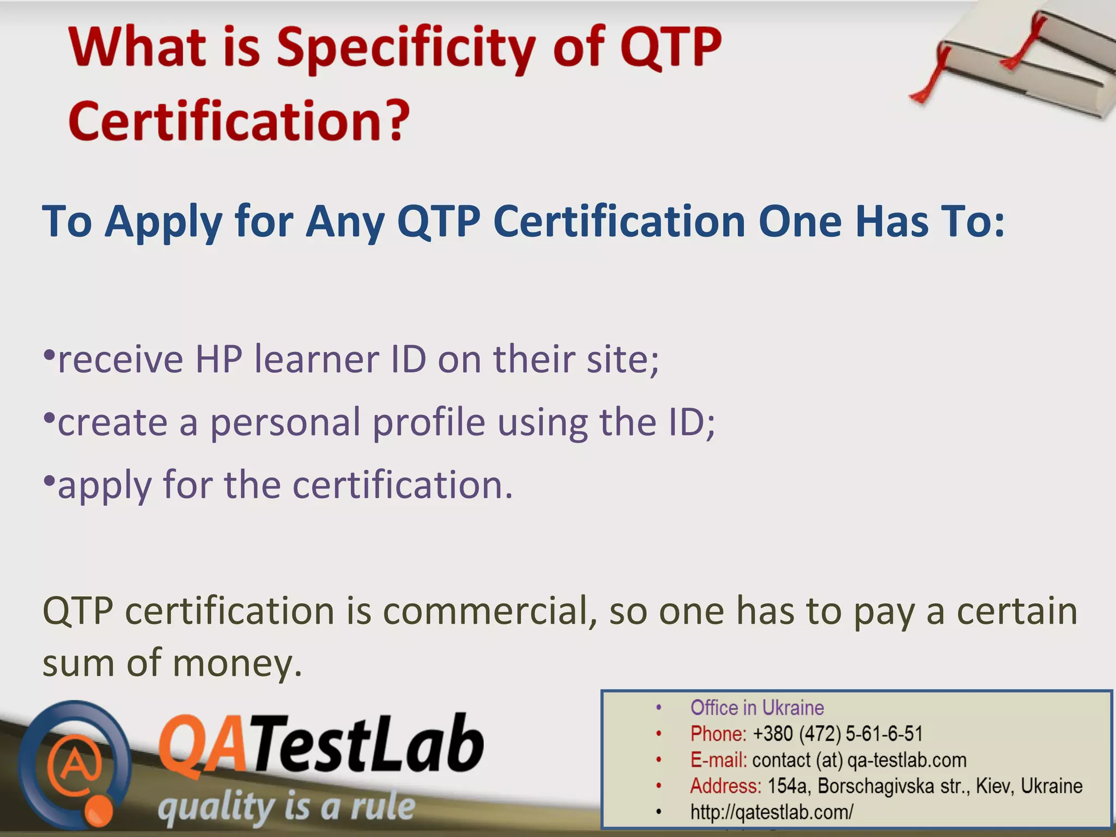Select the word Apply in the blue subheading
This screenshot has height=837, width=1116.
click(x=163, y=222)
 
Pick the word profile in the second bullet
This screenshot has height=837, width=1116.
click(x=429, y=423)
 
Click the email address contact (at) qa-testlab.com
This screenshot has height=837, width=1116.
click(x=859, y=760)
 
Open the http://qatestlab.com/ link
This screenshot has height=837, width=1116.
click(x=772, y=812)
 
